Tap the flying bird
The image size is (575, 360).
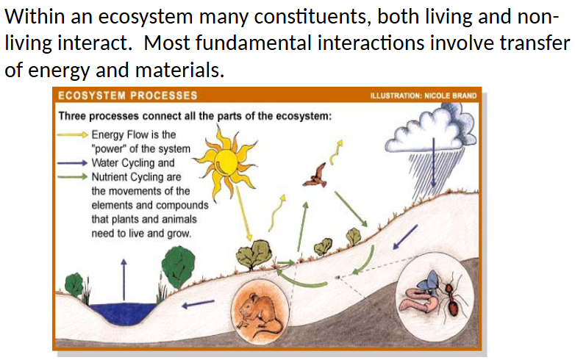pyautogui.click(x=316, y=175)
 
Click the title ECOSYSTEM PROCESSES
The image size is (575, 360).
pyautogui.click(x=129, y=96)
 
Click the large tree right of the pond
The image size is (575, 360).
pyautogui.click(x=178, y=262)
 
